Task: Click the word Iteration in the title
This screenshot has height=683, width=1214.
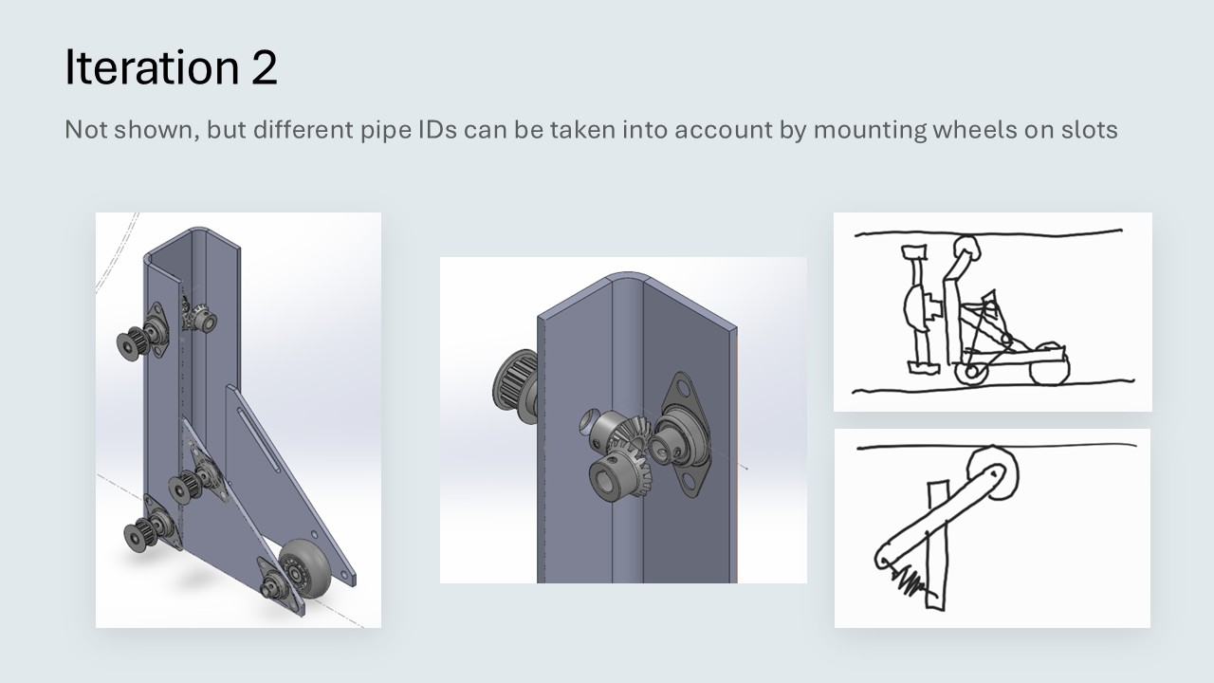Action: pos(152,66)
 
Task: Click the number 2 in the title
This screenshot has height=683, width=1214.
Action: pos(264,67)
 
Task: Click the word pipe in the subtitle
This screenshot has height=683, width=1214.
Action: pos(386,132)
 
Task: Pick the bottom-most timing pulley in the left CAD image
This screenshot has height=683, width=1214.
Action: pos(138,534)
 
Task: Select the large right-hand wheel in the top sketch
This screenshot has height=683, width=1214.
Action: pos(1050,364)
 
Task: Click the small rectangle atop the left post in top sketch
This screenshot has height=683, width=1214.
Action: pos(915,252)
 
